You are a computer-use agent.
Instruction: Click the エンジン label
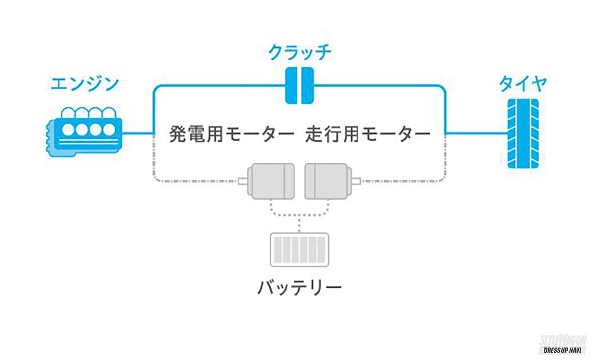[x=84, y=83]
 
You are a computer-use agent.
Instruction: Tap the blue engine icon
[x=83, y=130]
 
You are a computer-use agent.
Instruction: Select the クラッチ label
[x=299, y=52]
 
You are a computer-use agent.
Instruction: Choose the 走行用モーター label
[x=367, y=134]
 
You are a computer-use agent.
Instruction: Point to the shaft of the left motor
[x=244, y=181]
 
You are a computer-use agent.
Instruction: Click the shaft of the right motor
[x=355, y=181]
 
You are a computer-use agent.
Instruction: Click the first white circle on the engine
[x=69, y=129]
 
